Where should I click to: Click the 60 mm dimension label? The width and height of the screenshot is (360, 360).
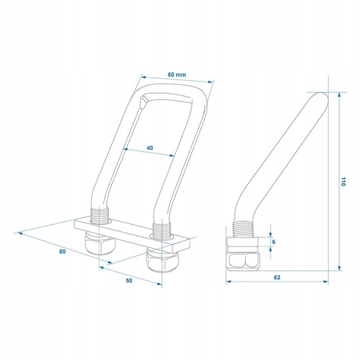[x=177, y=74]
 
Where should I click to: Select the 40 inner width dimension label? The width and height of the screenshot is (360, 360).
[x=150, y=147]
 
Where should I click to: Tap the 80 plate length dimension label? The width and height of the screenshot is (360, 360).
[x=62, y=251]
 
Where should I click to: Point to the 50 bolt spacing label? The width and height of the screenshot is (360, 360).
[x=129, y=281]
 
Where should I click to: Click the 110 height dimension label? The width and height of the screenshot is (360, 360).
[x=343, y=182]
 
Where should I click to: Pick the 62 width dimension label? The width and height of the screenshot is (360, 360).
[x=277, y=277]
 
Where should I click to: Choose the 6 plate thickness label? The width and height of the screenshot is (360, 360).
[x=274, y=242]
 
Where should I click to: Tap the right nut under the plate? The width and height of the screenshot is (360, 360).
[x=162, y=261]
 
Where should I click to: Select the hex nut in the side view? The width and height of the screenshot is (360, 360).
[x=243, y=260]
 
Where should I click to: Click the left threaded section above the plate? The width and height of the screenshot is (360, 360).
[x=100, y=215]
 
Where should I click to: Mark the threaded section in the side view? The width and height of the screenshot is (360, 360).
[x=243, y=229]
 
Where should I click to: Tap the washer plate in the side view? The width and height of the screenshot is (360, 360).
[x=242, y=242]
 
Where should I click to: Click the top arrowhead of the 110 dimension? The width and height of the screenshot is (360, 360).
[x=339, y=95]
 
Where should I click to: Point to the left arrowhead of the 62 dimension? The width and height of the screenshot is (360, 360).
[x=229, y=282]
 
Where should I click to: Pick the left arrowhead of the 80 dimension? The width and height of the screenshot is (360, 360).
[x=19, y=234]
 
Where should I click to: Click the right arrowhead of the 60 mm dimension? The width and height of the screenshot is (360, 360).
[x=211, y=82]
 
